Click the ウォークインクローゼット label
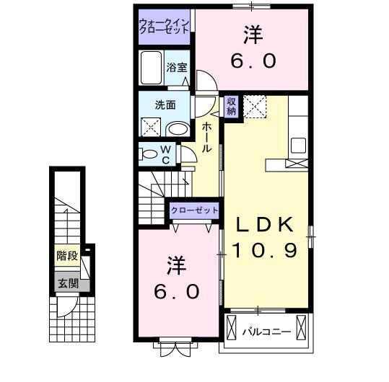165,27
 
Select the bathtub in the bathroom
152,69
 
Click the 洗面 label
165,105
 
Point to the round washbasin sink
178,128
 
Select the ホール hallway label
206,137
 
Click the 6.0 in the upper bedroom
253,62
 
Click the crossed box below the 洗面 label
152,128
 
